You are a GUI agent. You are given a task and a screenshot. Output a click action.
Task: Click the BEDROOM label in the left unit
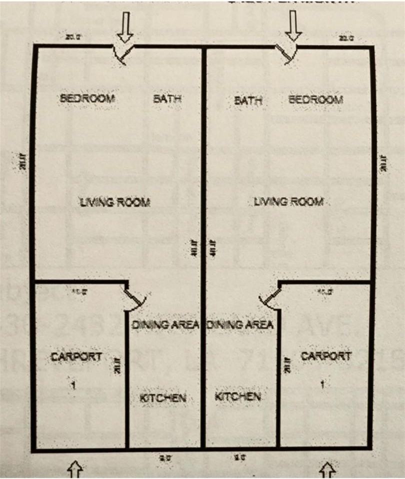click(x=87, y=98)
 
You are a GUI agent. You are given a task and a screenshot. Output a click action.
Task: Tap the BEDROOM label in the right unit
click(x=316, y=99)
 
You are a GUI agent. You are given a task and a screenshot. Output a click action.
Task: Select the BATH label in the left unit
click(x=167, y=99)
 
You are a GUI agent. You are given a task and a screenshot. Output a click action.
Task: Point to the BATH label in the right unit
click(x=248, y=100)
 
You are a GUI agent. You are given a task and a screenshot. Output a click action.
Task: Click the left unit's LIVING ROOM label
click(x=115, y=202)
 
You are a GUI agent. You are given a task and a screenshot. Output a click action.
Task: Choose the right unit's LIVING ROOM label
click(x=289, y=202)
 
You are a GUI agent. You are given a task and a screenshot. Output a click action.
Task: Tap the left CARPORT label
click(x=76, y=357)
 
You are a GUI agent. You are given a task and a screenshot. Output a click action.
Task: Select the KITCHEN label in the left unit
click(x=162, y=398)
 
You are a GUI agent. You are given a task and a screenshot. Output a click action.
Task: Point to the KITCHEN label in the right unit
click(x=237, y=397)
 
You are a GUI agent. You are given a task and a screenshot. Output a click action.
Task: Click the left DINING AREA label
click(x=166, y=324)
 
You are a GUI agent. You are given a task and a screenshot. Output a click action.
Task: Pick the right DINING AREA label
click(x=240, y=324)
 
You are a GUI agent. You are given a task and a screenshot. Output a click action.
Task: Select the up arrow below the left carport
click(x=75, y=469)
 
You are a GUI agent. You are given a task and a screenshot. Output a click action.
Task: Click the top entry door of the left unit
click(x=123, y=54)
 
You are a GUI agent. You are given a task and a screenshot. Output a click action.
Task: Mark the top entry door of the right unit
click(x=288, y=54)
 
